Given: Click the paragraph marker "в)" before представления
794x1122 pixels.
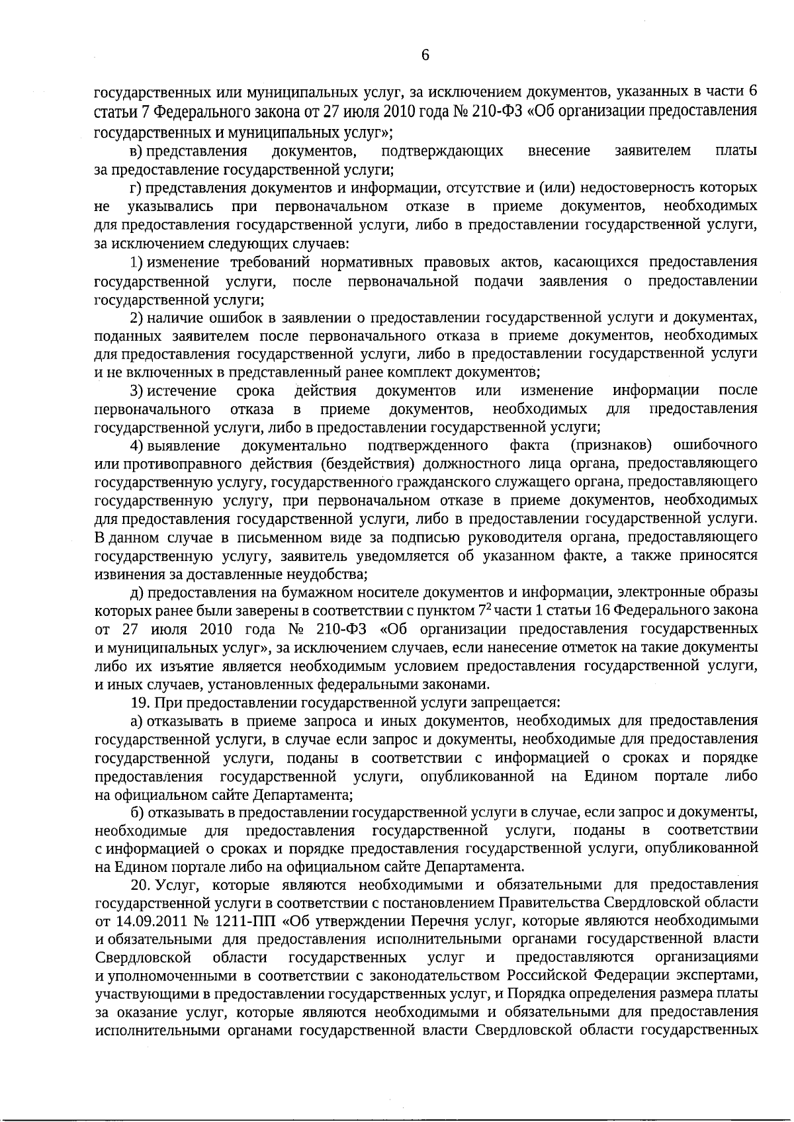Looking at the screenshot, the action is coord(136,151).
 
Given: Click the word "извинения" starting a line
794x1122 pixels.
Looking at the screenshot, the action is coord(126,573).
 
